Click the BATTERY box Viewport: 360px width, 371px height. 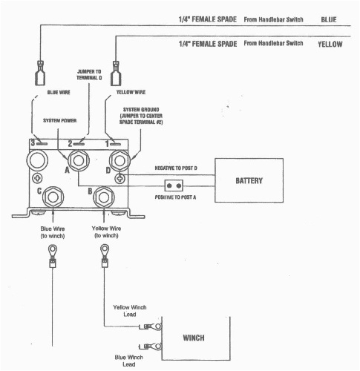click(x=249, y=180)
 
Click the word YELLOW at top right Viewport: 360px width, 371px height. click(x=330, y=45)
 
